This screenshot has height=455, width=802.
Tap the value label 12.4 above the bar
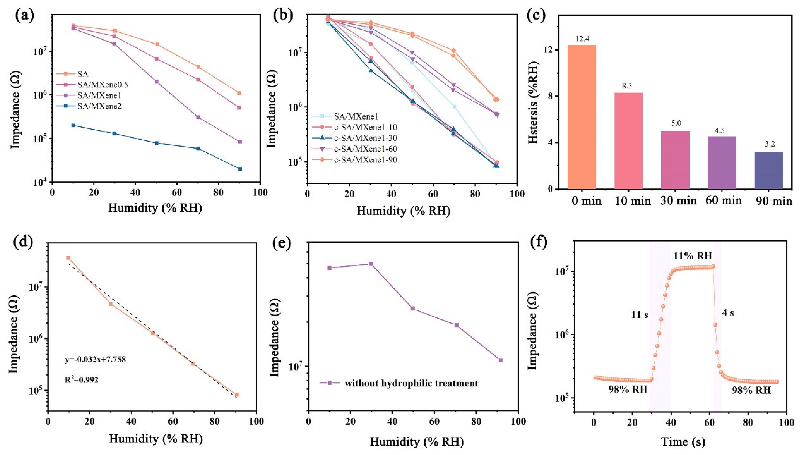(x=582, y=40)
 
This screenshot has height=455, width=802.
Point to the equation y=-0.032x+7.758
(x=95, y=360)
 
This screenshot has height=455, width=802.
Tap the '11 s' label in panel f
(x=639, y=315)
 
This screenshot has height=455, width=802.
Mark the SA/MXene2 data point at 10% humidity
(x=73, y=125)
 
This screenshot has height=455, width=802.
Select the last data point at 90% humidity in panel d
(x=237, y=395)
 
